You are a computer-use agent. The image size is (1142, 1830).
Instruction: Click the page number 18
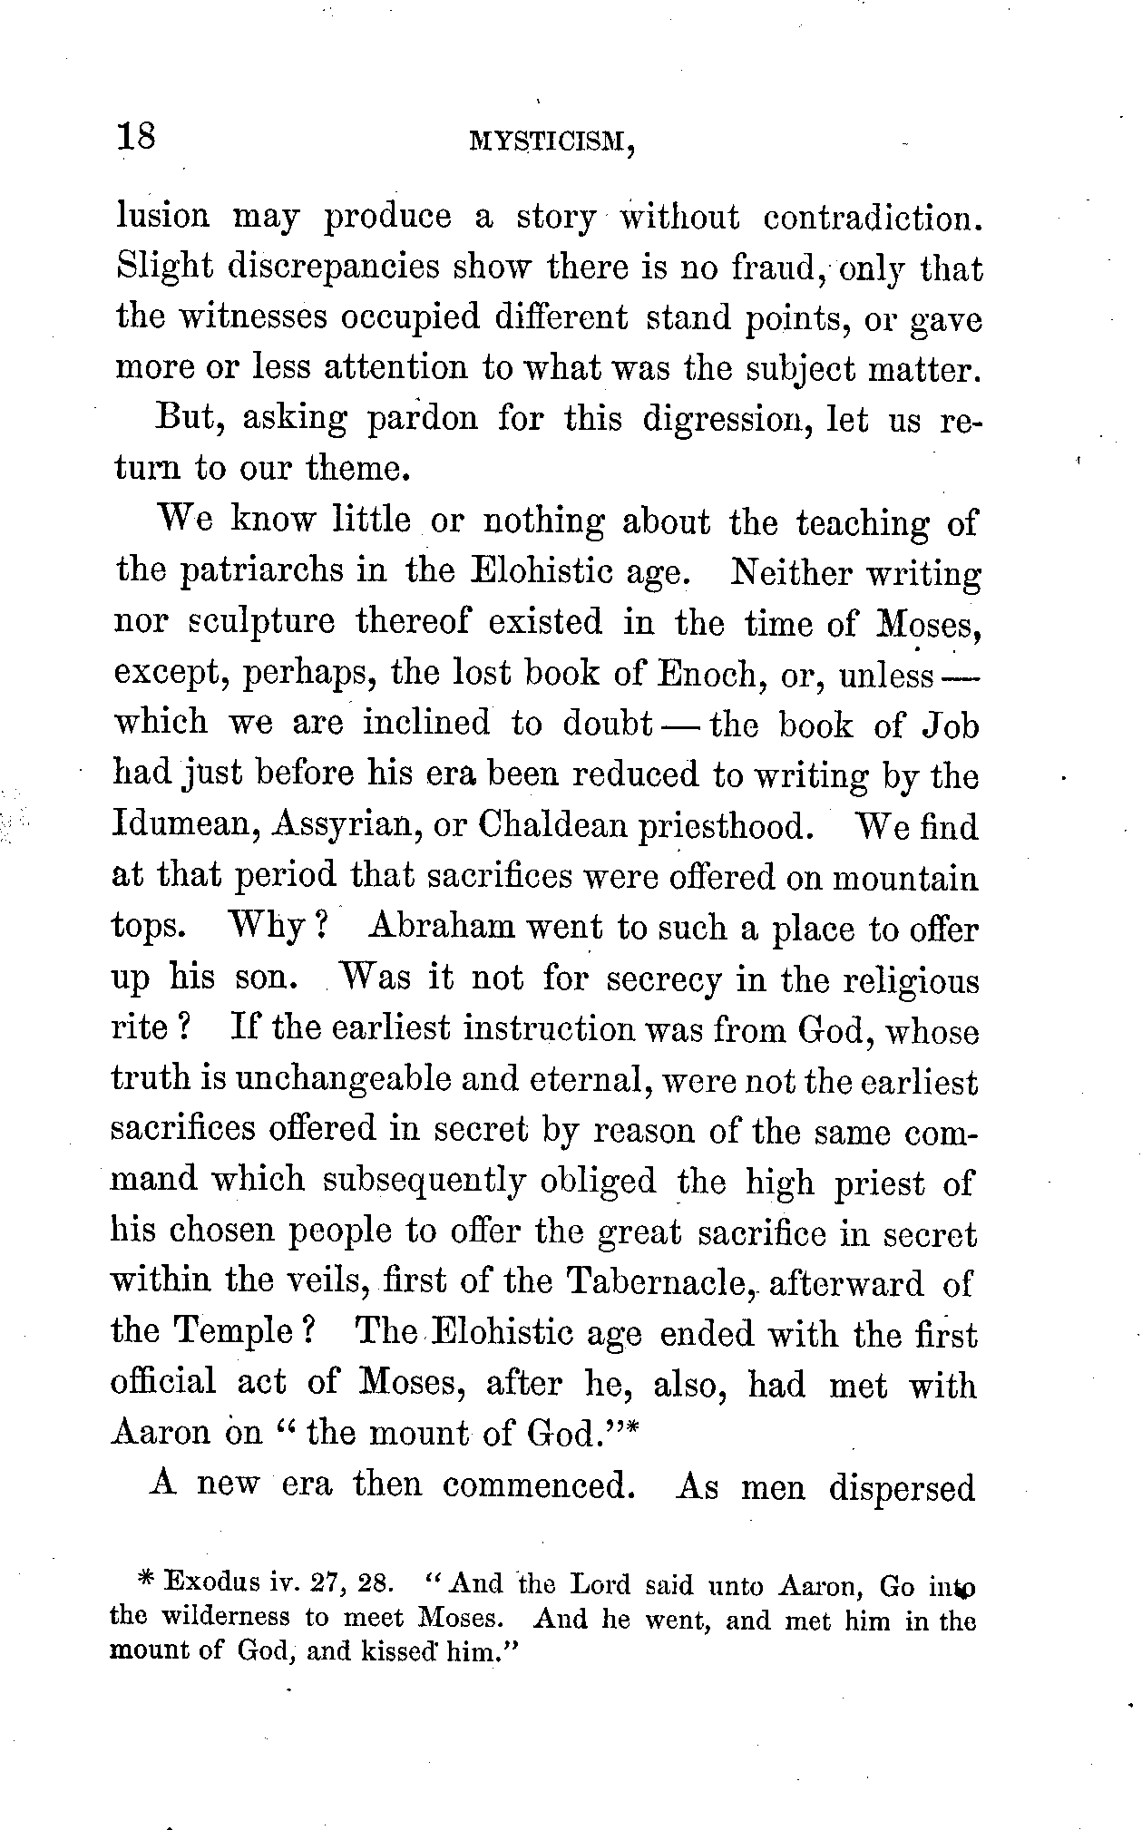pyautogui.click(x=137, y=137)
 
